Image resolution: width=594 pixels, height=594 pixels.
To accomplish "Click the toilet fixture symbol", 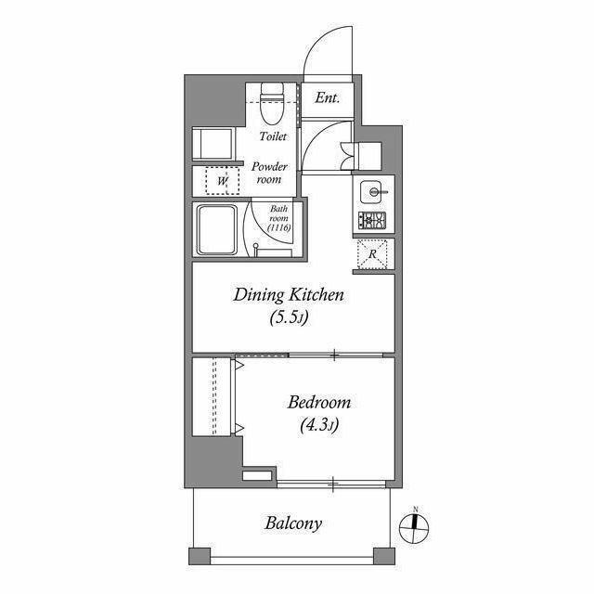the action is [x=272, y=104].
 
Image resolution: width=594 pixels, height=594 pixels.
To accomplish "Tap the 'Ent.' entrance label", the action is [x=328, y=97].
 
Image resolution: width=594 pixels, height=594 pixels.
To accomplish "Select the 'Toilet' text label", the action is [x=273, y=136].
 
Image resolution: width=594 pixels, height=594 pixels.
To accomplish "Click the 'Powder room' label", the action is [x=269, y=173].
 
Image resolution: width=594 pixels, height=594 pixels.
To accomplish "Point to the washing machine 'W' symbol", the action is [x=223, y=181].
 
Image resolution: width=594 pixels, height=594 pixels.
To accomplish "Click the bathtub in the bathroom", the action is [x=217, y=230].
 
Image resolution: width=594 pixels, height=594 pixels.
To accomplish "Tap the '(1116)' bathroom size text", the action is [x=278, y=227].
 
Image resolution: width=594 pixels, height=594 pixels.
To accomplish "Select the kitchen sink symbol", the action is [x=373, y=192].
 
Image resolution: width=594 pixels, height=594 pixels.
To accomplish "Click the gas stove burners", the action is [x=372, y=220].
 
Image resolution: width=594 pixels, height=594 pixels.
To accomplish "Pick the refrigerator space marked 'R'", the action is [x=372, y=253].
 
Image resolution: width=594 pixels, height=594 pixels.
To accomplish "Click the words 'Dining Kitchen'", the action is [x=289, y=295].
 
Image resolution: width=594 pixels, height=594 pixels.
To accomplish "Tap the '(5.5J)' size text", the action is [x=289, y=317].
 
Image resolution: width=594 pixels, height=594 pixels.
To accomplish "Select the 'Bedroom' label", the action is [x=319, y=402].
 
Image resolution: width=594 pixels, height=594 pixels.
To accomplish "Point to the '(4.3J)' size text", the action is [x=319, y=425].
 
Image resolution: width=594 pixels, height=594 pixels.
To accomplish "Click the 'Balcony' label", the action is [x=293, y=523].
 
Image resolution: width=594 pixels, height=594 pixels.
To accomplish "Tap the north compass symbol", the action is [x=415, y=527].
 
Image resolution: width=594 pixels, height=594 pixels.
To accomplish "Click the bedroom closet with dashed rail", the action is [x=212, y=396].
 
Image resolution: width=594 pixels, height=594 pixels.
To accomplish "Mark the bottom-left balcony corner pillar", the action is [x=200, y=556].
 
